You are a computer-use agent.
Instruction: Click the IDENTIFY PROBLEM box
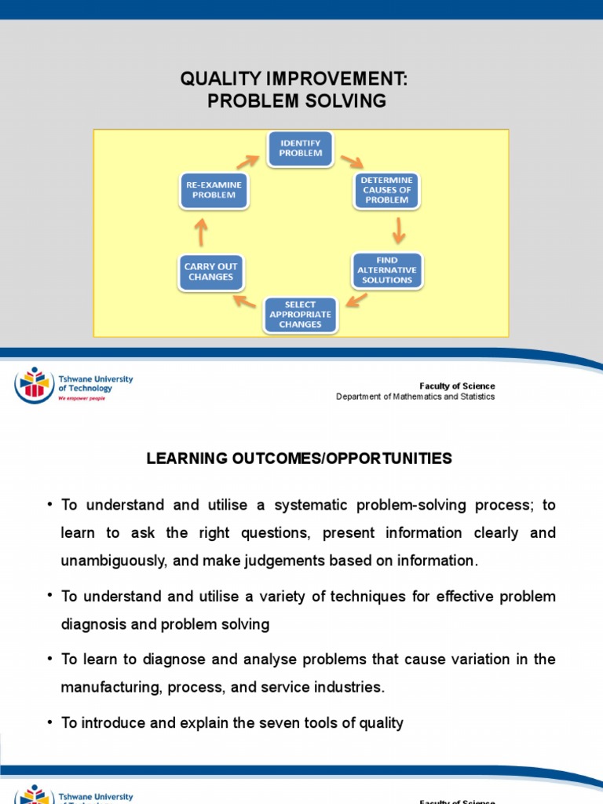(x=301, y=148)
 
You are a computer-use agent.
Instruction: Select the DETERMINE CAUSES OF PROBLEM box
(x=386, y=190)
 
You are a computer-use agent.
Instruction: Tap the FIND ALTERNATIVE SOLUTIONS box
(x=387, y=270)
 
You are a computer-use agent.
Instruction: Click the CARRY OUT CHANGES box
(x=210, y=272)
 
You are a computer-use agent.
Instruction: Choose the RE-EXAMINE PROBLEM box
(x=213, y=190)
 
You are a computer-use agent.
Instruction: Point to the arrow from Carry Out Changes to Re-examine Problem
(x=202, y=232)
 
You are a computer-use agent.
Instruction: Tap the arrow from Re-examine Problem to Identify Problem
(x=247, y=161)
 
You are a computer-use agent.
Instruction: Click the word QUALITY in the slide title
(x=215, y=79)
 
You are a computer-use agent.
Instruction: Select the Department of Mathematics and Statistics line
(x=415, y=397)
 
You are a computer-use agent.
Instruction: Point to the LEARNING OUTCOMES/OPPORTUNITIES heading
(x=299, y=459)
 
